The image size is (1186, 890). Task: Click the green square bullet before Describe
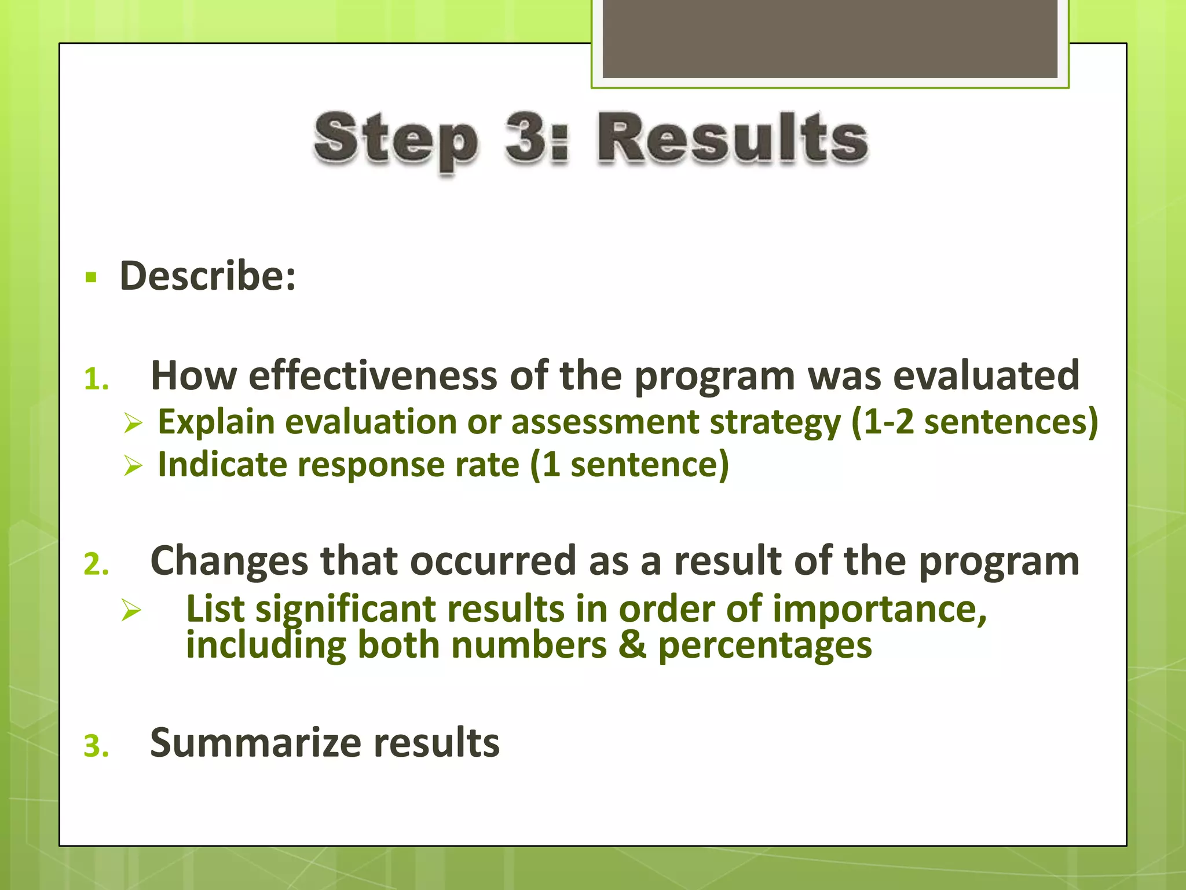pyautogui.click(x=91, y=278)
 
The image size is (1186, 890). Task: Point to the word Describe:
pyautogui.click(x=207, y=276)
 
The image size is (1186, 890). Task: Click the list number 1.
pyautogui.click(x=96, y=380)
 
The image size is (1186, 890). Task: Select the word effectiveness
pyautogui.click(x=372, y=376)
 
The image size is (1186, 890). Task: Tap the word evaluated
pyautogui.click(x=986, y=376)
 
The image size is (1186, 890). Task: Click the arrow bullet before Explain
pyautogui.click(x=133, y=423)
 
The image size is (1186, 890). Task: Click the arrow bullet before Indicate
pyautogui.click(x=133, y=466)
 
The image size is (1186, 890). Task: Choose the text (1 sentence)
pyautogui.click(x=629, y=465)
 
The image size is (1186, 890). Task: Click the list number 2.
pyautogui.click(x=96, y=564)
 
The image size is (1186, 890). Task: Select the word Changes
pyautogui.click(x=229, y=561)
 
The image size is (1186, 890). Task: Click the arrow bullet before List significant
pyautogui.click(x=131, y=611)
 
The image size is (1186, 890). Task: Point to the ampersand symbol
pyautogui.click(x=632, y=645)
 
